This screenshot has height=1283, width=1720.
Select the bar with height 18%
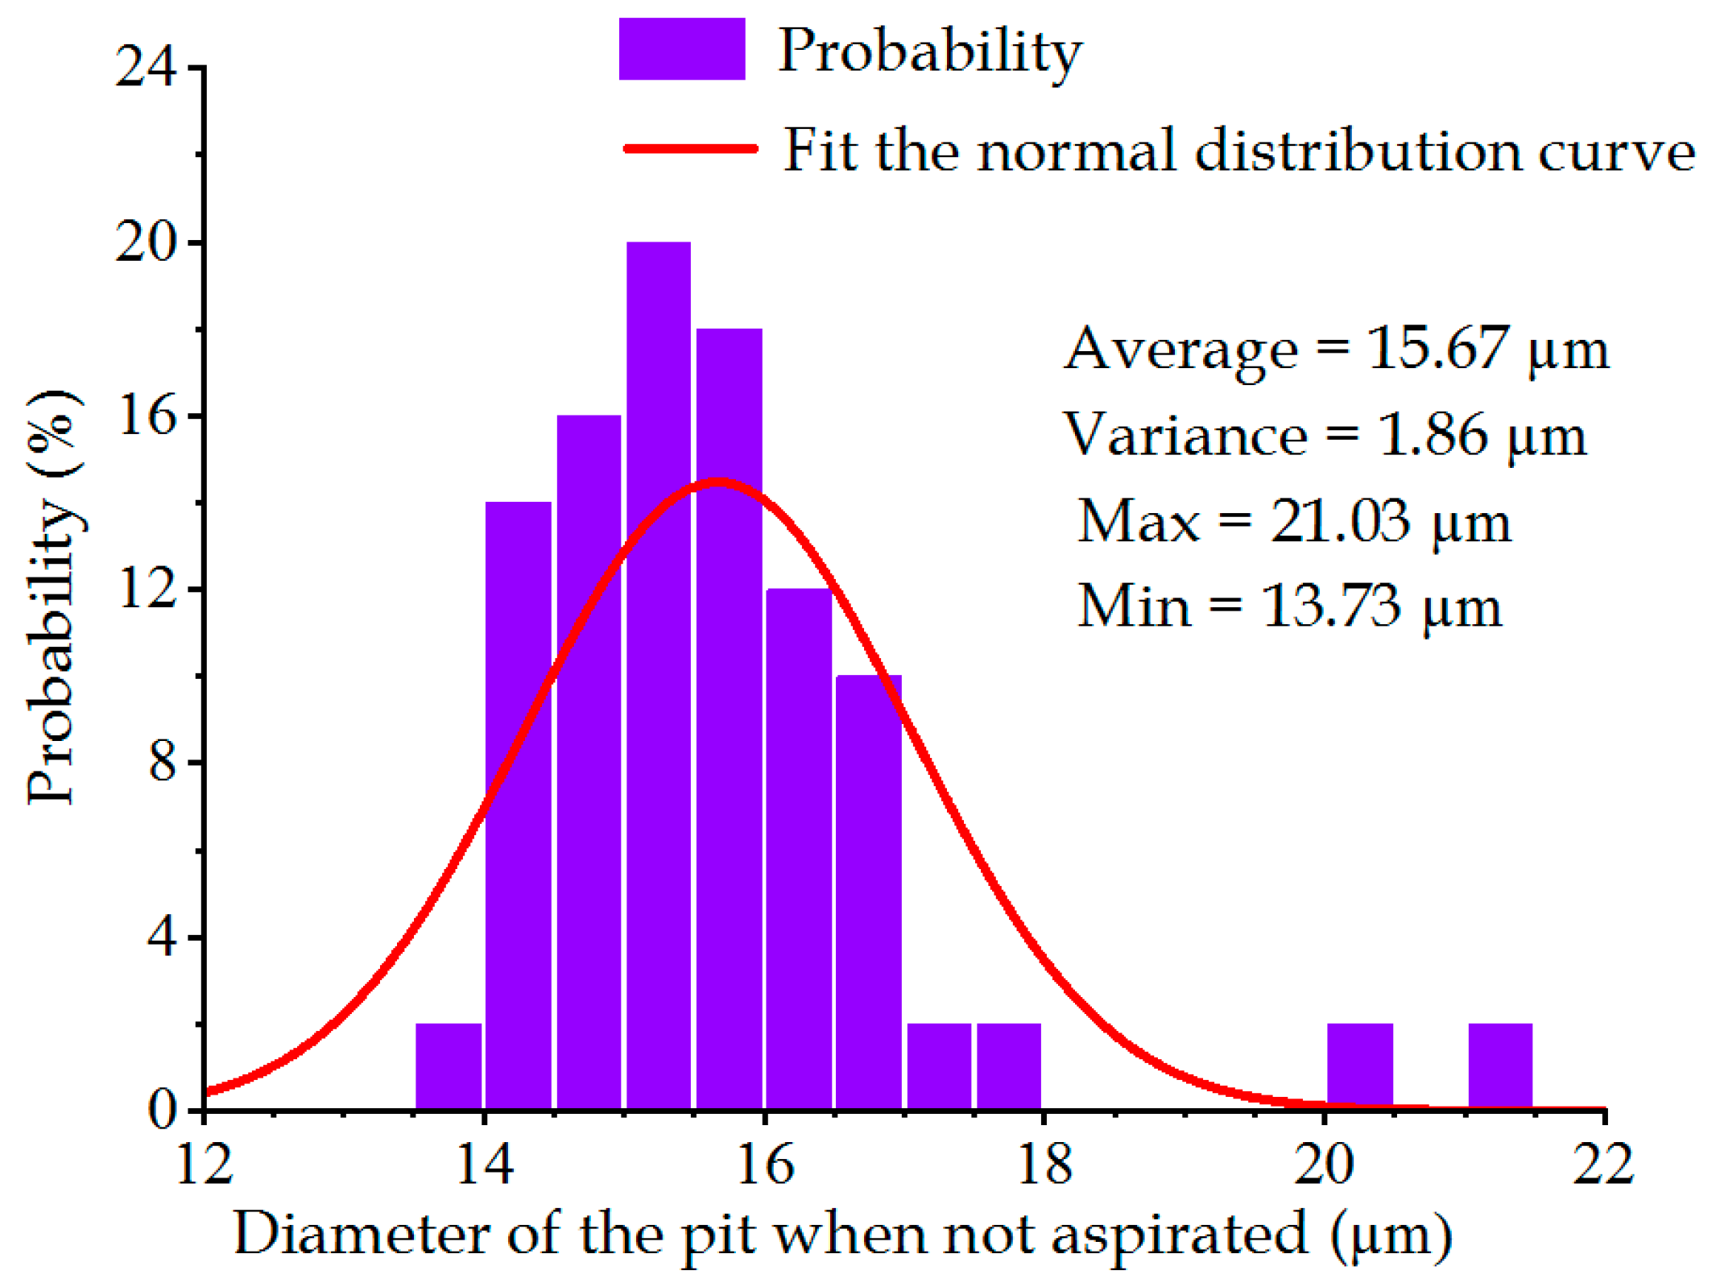(729, 717)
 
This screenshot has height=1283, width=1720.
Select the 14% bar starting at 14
(518, 805)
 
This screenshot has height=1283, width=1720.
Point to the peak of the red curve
(717, 482)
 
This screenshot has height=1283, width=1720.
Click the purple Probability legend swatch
(681, 49)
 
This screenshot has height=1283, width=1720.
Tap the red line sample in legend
(691, 148)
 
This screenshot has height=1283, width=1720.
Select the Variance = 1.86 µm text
(1324, 435)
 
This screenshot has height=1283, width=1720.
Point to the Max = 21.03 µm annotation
(1293, 521)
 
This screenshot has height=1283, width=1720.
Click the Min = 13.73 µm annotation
(1288, 606)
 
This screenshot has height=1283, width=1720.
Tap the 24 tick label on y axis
(146, 66)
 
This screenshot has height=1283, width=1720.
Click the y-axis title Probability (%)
(53, 596)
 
